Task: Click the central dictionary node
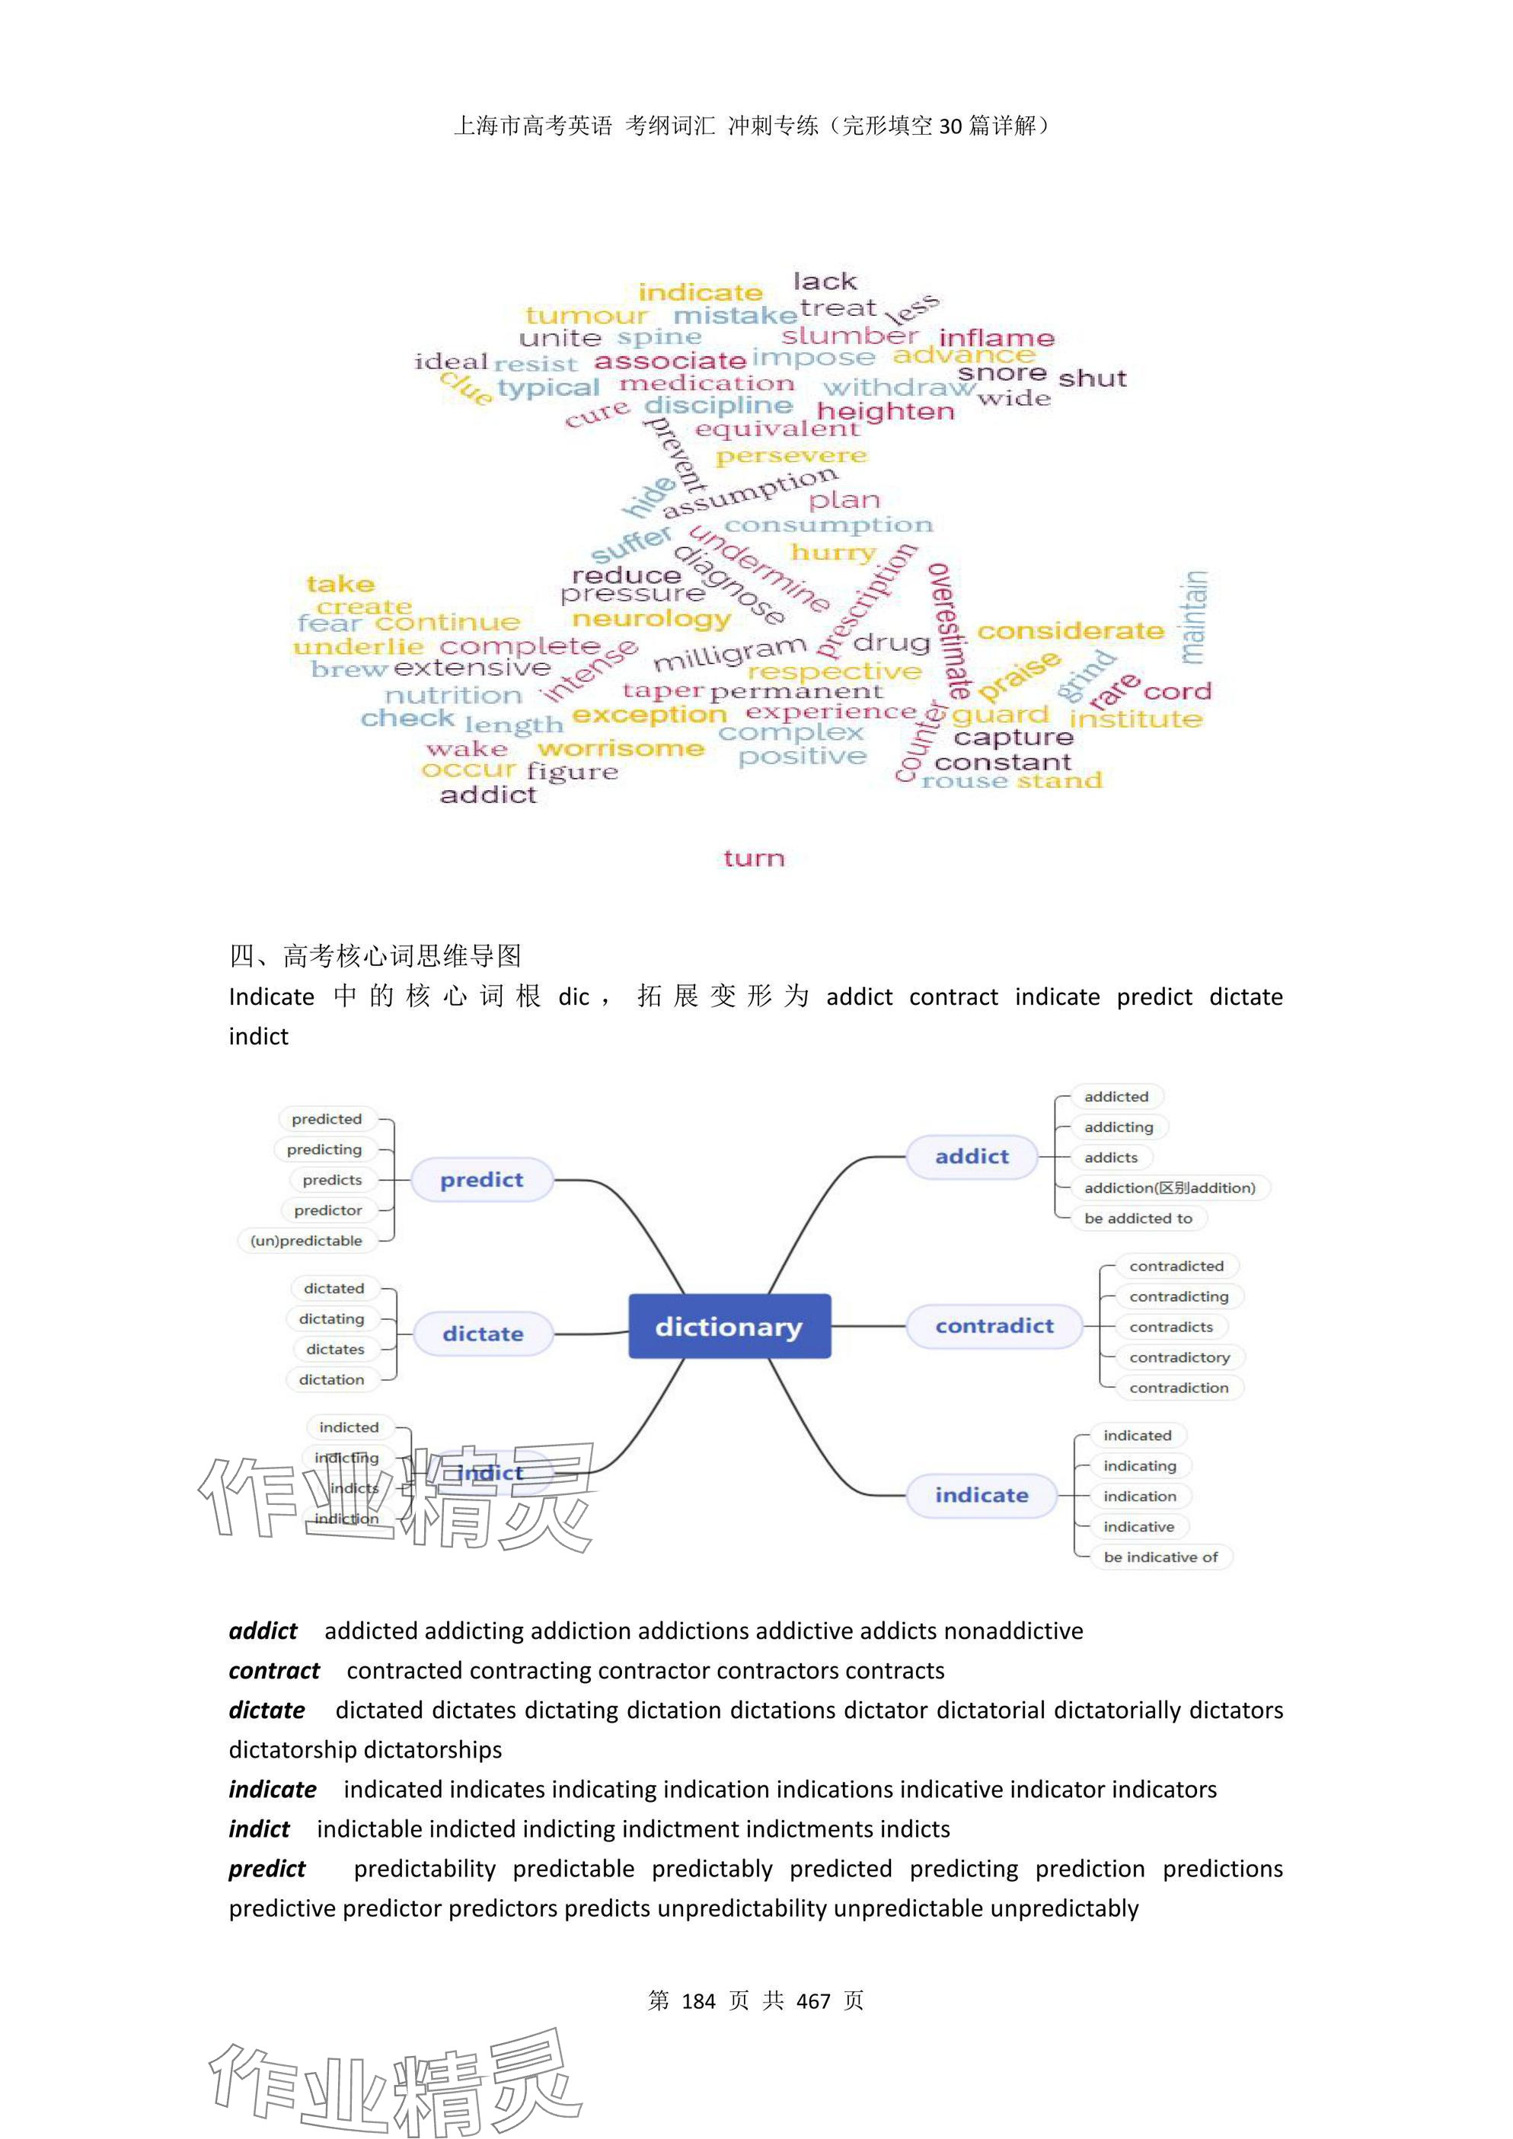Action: (x=729, y=1326)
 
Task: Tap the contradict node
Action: (x=994, y=1326)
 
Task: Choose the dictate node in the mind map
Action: (x=483, y=1333)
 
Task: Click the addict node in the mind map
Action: (x=972, y=1156)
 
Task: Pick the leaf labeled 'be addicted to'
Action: (x=1138, y=1219)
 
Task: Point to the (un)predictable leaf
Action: (x=307, y=1241)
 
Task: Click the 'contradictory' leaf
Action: (x=1179, y=1357)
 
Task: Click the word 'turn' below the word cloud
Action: (x=754, y=858)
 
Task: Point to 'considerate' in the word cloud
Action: (x=1071, y=632)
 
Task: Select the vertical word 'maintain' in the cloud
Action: (x=1195, y=617)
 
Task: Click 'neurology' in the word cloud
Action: (x=651, y=620)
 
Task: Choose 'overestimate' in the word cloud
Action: (x=950, y=632)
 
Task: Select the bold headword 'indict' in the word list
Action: (x=259, y=1828)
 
